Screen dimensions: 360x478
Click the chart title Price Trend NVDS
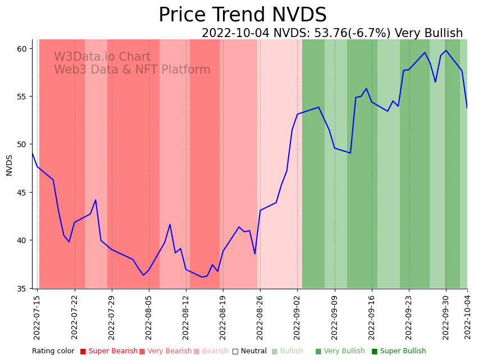(x=242, y=15)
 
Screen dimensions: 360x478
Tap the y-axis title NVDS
(x=9, y=165)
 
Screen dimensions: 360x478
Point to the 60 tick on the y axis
(x=22, y=49)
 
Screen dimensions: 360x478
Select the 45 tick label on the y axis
(x=22, y=193)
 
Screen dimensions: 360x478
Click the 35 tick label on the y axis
(x=22, y=289)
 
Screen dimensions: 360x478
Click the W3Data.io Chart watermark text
(x=102, y=57)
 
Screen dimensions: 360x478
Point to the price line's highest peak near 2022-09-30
(x=446, y=51)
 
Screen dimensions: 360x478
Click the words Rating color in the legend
(x=53, y=352)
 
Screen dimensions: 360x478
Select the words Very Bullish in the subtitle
(x=429, y=34)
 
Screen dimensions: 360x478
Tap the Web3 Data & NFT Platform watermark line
(x=132, y=70)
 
